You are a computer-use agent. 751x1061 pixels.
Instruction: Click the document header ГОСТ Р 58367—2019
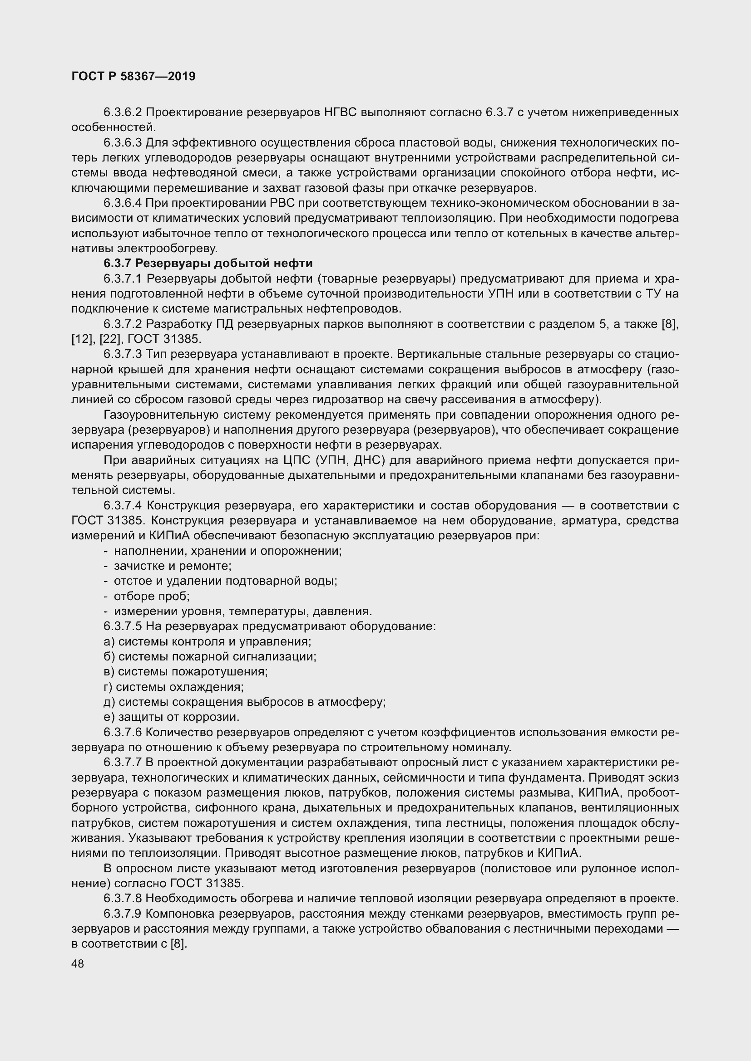click(133, 76)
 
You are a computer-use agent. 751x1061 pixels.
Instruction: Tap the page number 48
click(78, 963)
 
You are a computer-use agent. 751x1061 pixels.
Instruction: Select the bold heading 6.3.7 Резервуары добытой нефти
click(208, 264)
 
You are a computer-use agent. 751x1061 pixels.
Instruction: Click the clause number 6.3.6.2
click(123, 112)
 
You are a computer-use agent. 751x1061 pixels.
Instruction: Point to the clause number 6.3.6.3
click(123, 143)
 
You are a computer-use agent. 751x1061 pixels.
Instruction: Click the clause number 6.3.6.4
click(123, 203)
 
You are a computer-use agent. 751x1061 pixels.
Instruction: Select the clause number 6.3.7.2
click(123, 324)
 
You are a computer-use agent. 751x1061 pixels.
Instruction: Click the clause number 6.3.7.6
click(123, 733)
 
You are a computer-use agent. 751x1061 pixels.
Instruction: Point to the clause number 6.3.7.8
click(123, 899)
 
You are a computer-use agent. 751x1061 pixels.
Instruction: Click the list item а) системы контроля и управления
click(208, 641)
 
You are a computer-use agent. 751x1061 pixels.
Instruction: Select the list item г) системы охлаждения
click(174, 687)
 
